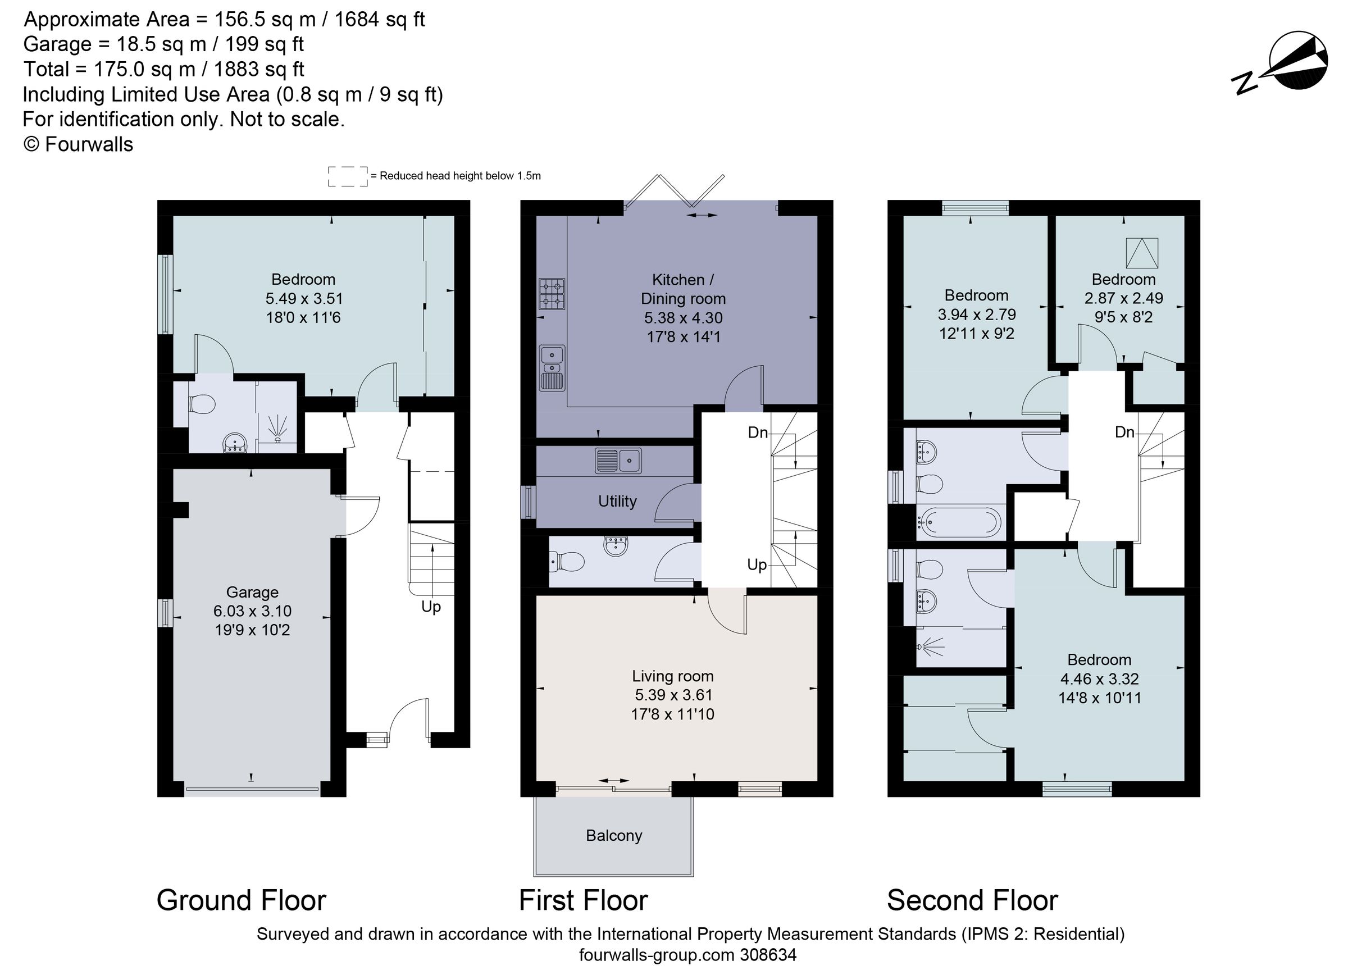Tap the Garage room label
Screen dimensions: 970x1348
point(252,592)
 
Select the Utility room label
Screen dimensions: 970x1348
point(617,501)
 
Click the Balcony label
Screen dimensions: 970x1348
point(614,836)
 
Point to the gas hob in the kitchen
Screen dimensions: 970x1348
point(552,294)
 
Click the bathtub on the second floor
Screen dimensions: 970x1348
point(959,522)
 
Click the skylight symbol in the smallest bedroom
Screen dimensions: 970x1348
point(1142,253)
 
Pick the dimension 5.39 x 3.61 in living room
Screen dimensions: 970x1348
point(673,695)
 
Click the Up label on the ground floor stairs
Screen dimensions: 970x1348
point(431,607)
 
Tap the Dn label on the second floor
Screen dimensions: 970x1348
point(1124,432)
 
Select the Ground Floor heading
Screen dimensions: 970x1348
point(242,900)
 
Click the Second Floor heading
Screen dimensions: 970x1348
point(972,900)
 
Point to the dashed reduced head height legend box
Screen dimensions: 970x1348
point(348,176)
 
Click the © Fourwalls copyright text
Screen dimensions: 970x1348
point(78,144)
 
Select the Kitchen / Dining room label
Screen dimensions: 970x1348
point(683,289)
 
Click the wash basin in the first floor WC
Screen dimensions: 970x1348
point(616,545)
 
